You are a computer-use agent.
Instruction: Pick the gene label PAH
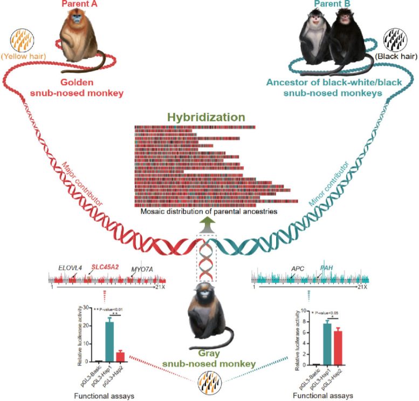[327, 267]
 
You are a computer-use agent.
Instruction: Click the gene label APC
[298, 268]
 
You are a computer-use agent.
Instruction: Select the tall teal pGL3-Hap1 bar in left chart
[109, 340]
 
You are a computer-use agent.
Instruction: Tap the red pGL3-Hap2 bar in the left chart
[121, 356]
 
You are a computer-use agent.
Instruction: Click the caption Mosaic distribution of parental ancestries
[209, 213]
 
